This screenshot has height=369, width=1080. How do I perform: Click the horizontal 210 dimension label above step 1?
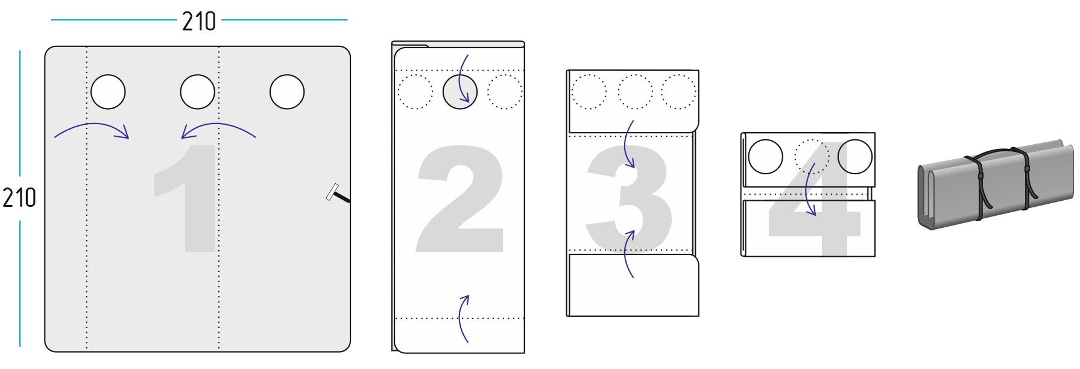[x=199, y=22]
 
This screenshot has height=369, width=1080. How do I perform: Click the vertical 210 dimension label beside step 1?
[x=19, y=198]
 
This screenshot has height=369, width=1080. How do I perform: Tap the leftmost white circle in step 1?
[x=108, y=92]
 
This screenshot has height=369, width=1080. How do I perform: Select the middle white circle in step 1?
[x=198, y=92]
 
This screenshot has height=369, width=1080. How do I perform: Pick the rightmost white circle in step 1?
[x=287, y=92]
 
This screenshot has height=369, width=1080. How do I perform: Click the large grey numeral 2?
[x=460, y=198]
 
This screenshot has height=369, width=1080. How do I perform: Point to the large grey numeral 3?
[x=630, y=198]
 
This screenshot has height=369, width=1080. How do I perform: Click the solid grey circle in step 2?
[x=460, y=92]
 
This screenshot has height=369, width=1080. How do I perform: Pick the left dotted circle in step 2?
[x=415, y=92]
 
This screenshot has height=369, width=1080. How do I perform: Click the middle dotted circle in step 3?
[x=635, y=92]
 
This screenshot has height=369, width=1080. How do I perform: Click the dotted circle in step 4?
[x=812, y=157]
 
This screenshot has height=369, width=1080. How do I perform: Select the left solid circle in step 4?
[x=766, y=157]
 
